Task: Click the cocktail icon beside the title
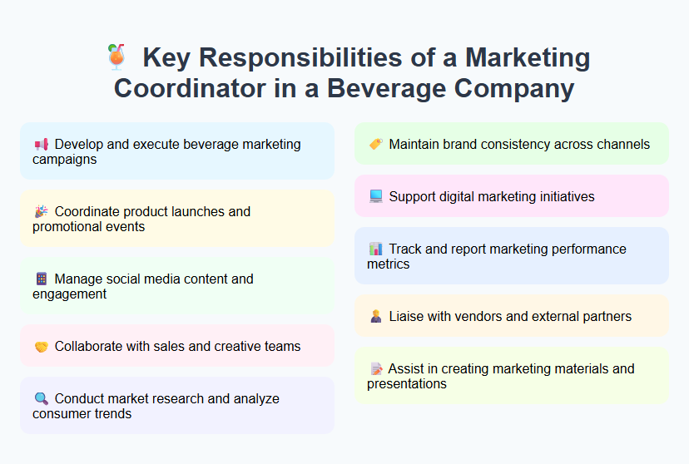click(x=116, y=57)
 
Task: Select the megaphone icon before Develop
click(x=41, y=145)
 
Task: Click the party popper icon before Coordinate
click(x=41, y=212)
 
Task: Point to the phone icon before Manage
click(x=41, y=279)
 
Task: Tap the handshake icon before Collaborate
click(x=41, y=347)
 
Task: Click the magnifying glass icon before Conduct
click(x=41, y=399)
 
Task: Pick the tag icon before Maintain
click(x=375, y=145)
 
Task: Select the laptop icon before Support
click(x=375, y=197)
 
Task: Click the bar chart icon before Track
click(x=375, y=249)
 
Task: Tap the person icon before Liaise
click(x=375, y=317)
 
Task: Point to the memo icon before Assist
click(x=375, y=369)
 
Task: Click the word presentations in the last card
click(x=407, y=383)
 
